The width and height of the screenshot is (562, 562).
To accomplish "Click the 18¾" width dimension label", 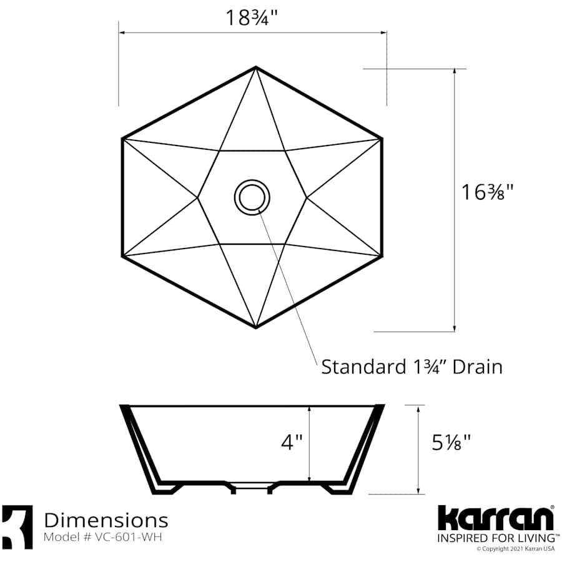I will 252,17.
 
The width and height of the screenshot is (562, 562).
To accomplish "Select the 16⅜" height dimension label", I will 487,192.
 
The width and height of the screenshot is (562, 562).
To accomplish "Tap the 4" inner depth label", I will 291,443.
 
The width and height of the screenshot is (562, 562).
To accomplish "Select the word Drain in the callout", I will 477,367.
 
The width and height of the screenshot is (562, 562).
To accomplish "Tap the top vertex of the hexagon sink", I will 255,67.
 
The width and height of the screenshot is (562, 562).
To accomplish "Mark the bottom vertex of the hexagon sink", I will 255,327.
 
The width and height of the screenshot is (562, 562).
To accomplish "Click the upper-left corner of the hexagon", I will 122,138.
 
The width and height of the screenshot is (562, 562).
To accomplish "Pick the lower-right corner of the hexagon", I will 381,255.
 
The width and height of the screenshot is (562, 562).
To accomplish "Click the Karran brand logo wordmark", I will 495,518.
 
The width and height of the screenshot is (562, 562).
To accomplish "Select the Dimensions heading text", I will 106,520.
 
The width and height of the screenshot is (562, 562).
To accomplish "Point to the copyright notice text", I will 515,550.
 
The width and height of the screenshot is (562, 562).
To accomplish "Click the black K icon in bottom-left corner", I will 17,527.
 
